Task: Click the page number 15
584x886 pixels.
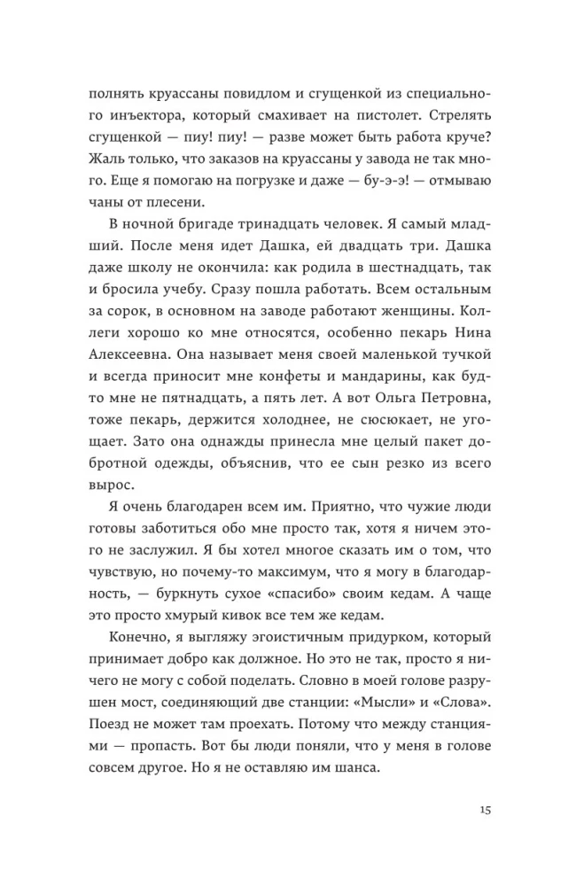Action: pos(485,810)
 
